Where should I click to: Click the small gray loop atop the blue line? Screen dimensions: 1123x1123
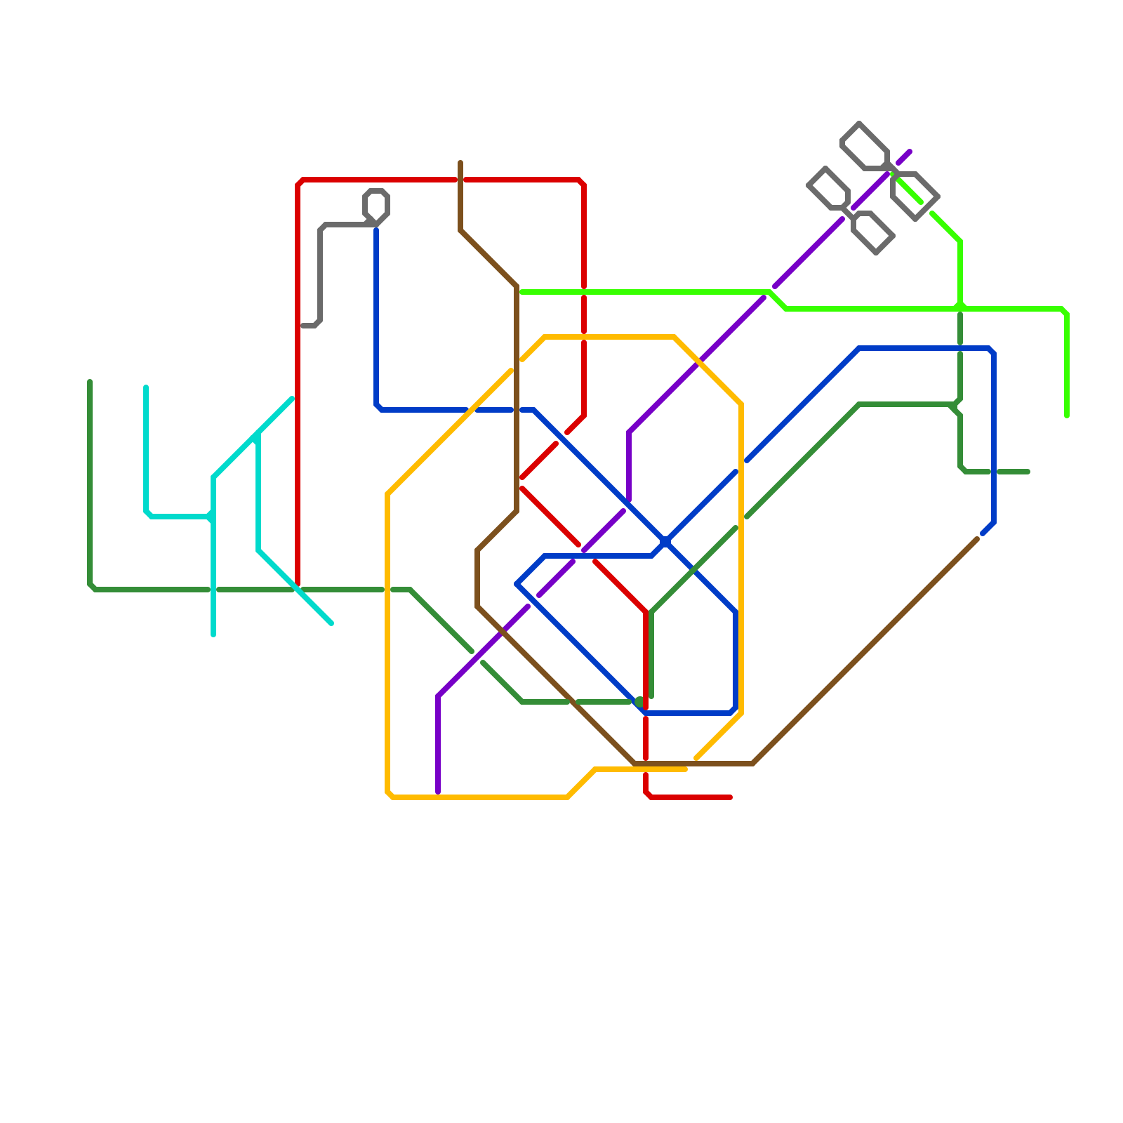coord(376,204)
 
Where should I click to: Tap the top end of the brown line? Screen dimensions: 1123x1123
coord(460,163)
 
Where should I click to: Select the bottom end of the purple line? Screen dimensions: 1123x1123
coord(438,792)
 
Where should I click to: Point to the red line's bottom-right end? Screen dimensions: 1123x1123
coord(731,797)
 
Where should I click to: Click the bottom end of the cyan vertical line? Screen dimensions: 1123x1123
coord(213,635)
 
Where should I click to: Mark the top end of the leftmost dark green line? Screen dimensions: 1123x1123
coord(90,382)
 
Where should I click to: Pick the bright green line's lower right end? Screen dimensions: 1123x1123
coord(1067,416)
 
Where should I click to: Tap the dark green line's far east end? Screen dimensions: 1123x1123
coord(1028,472)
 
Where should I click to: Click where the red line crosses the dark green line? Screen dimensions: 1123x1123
coord(298,590)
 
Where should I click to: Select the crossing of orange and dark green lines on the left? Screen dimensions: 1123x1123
coord(387,590)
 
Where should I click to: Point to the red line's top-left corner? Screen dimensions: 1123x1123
coord(300,182)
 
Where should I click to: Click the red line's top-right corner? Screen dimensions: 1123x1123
coord(582,182)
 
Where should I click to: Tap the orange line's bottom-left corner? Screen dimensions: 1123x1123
coord(389,796)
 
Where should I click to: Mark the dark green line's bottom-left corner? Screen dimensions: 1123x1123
coord(92,587)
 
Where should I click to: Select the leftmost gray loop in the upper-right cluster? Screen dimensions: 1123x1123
coord(829,188)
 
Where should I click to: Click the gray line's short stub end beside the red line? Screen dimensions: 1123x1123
coord(303,326)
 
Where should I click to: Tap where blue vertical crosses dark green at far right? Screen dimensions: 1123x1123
coord(994,472)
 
